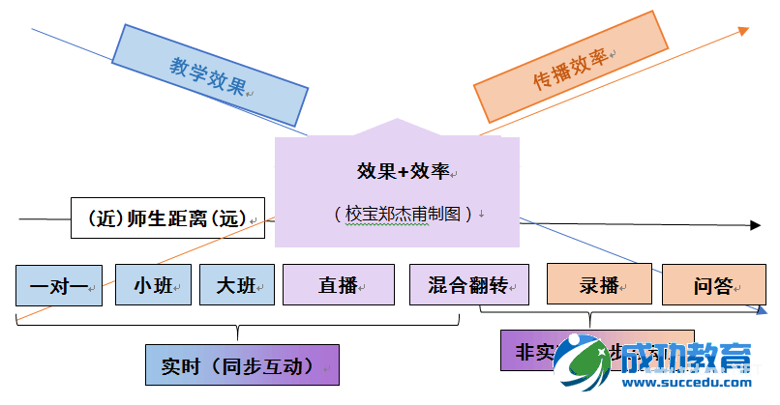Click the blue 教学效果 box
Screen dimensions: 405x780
pyautogui.click(x=209, y=73)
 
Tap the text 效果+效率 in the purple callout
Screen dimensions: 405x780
pyautogui.click(x=405, y=172)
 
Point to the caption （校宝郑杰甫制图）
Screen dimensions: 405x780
pyautogui.click(x=405, y=214)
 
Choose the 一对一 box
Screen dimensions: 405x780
pyautogui.click(x=58, y=285)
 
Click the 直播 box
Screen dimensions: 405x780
pyautogui.click(x=338, y=285)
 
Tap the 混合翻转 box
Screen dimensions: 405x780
pyautogui.click(x=468, y=285)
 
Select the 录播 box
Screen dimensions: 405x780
pyautogui.click(x=599, y=285)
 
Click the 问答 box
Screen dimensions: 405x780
pyautogui.click(x=712, y=285)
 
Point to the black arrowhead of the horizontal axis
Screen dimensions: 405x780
pyautogui.click(x=754, y=226)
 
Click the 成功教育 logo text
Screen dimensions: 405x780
pyautogui.click(x=687, y=359)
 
